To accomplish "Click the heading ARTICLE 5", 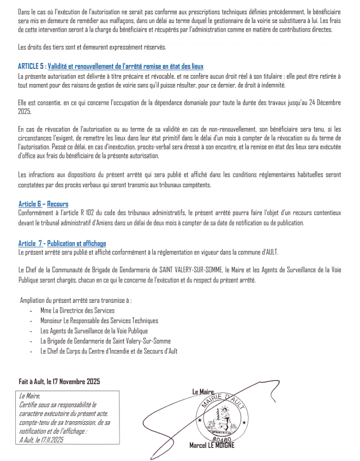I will pyautogui.click(x=111, y=66).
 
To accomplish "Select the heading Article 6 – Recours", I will pyautogui.click(x=43, y=204).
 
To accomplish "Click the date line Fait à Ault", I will pyautogui.click(x=58, y=381).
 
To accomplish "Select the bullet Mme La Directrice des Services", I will pyautogui.click(x=77, y=310).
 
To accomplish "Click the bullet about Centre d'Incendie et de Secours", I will pyautogui.click(x=109, y=351).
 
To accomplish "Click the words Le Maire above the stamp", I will pyautogui.click(x=202, y=391).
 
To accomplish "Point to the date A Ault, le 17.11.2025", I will pyautogui.click(x=41, y=439).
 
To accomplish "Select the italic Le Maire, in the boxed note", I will pyautogui.click(x=29, y=397).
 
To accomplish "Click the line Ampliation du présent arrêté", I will pyautogui.click(x=76, y=300).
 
